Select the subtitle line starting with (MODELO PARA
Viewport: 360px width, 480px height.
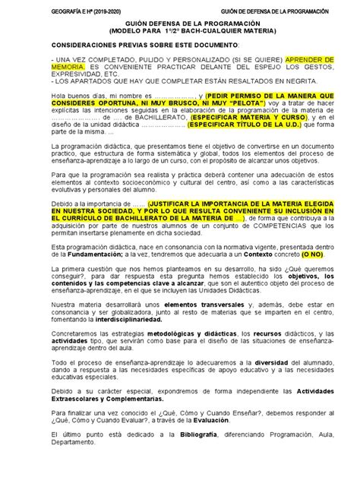click(179, 34)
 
